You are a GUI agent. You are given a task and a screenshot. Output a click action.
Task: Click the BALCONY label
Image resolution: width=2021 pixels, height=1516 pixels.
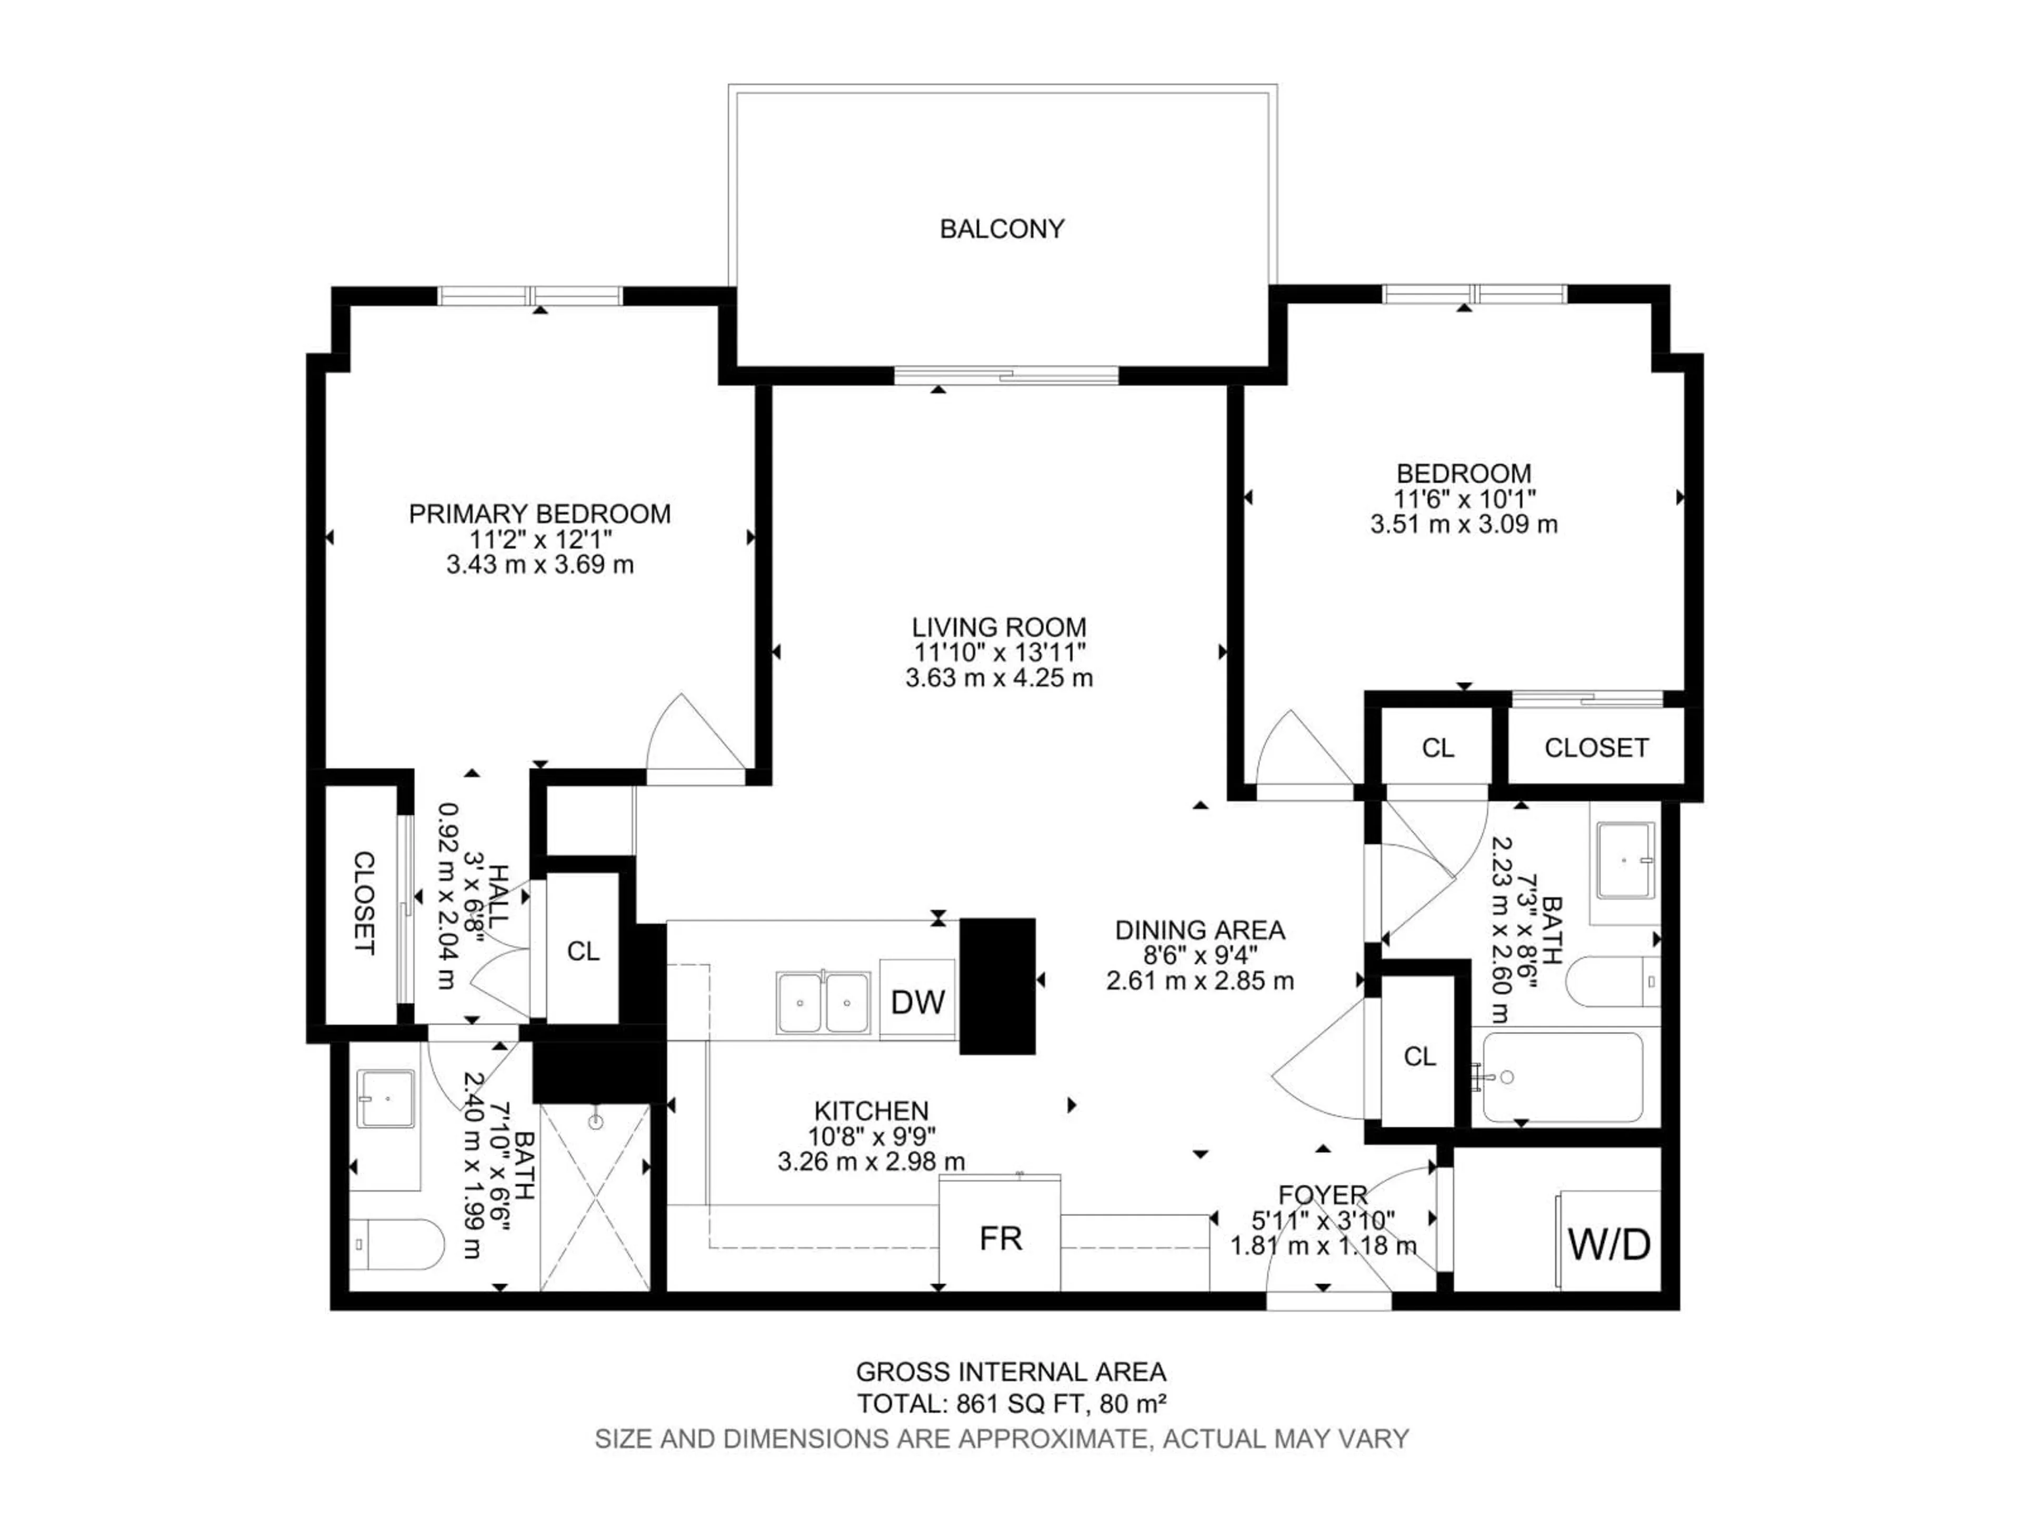point(1002,228)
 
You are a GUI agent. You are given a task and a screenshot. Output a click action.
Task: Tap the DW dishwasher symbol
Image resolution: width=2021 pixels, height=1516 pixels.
point(917,1002)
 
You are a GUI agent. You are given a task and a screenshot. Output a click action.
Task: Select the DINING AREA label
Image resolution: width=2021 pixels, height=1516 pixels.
point(1199,930)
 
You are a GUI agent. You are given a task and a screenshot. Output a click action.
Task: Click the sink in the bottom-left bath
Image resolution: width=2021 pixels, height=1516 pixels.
point(386,1099)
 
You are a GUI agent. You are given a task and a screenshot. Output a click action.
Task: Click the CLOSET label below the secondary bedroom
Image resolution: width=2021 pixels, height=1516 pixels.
point(1596,747)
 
